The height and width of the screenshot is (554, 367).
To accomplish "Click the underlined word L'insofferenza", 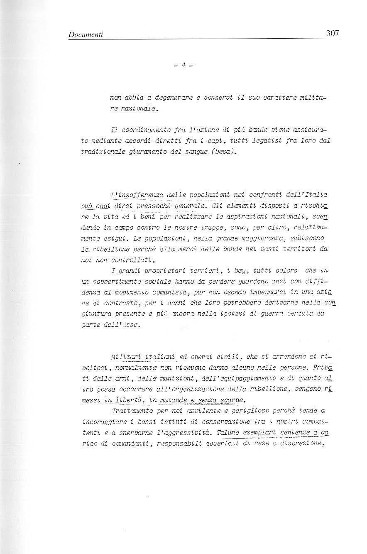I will (x=135, y=195).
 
